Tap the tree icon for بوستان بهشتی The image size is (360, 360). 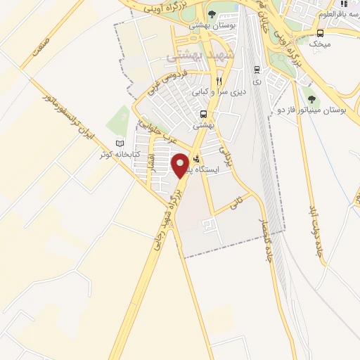tap(212, 14)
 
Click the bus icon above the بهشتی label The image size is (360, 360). tap(203, 114)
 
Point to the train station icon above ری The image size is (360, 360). tap(257, 69)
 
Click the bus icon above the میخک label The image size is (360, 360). tap(321, 32)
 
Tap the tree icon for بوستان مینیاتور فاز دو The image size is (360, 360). tap(310, 89)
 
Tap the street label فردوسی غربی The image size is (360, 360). tap(168, 82)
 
